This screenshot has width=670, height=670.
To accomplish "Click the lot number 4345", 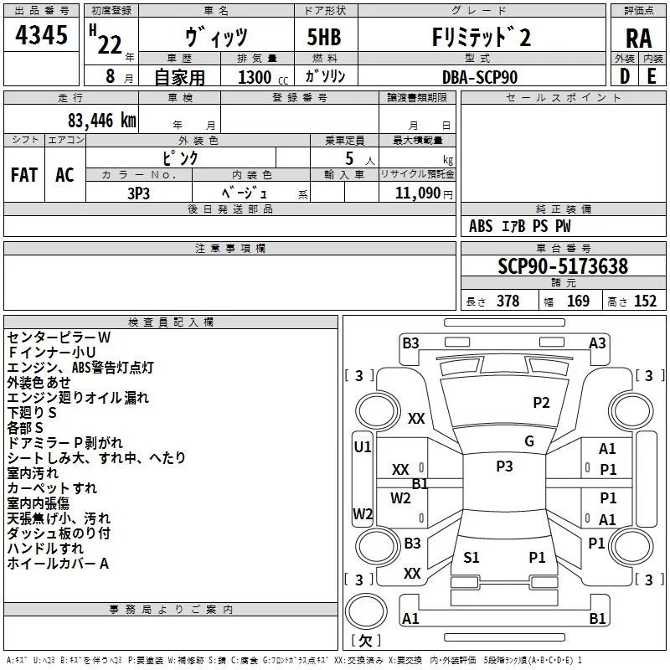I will [41, 36].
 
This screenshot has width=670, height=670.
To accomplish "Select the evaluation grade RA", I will [638, 38].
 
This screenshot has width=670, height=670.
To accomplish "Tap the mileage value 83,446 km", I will [100, 121].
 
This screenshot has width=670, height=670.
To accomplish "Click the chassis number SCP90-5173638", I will [563, 266].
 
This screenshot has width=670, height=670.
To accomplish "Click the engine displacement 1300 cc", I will [260, 77].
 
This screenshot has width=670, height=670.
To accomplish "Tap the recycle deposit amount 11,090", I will [416, 193].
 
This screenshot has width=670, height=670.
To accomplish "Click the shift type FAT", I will [24, 175].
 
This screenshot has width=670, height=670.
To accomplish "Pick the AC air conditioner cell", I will [64, 175].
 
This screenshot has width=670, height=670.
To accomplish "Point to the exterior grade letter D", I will [624, 77].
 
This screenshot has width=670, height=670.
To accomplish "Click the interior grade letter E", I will [652, 77].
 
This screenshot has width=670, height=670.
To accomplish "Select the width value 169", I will [578, 301].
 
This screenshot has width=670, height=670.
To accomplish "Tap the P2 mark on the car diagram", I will [542, 403].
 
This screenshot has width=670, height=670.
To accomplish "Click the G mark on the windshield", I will [529, 441].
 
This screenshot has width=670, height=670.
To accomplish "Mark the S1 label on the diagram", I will [472, 557].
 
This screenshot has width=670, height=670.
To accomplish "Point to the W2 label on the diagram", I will [363, 514].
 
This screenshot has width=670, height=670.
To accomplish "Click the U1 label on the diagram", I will [363, 447].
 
